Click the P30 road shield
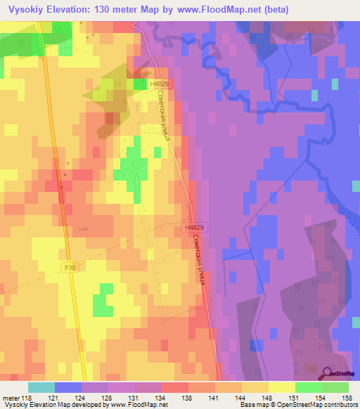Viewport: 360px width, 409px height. [68, 267]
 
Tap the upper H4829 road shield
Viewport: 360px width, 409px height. [160, 83]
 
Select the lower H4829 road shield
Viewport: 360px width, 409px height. [195, 228]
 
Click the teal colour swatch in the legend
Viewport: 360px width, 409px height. [41, 388]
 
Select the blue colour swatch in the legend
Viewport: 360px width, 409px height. [68, 388]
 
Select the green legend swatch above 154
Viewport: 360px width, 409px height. [308, 388]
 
